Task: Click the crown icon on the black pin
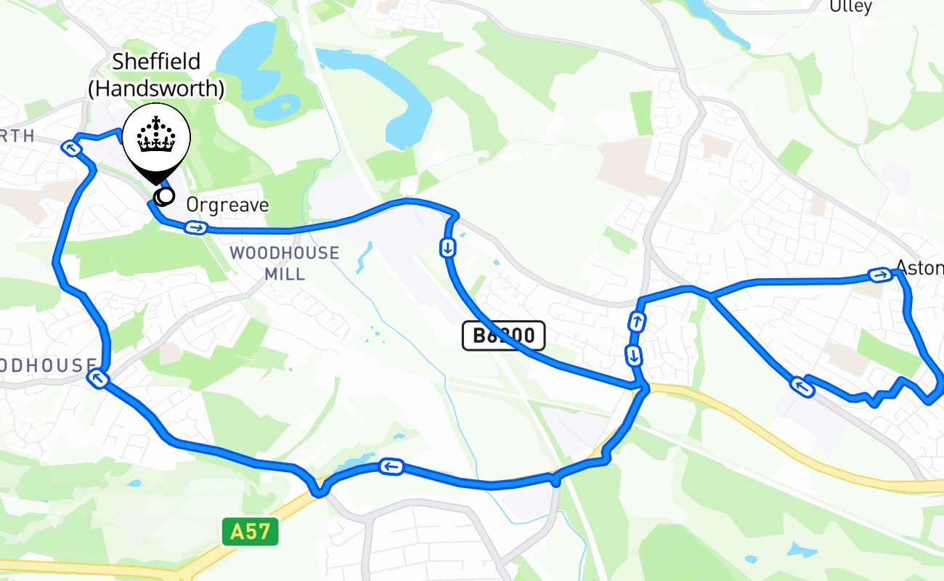[x=156, y=137]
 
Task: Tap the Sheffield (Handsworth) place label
[x=155, y=75]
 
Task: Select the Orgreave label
[x=227, y=206]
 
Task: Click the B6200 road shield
[x=503, y=336]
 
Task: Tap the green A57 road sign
[x=250, y=533]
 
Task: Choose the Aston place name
[x=919, y=268]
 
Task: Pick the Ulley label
[x=850, y=7]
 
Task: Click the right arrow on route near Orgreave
[x=195, y=229]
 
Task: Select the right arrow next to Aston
[x=880, y=275]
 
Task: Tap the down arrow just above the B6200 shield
[x=448, y=248]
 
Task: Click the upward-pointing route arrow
[x=637, y=321]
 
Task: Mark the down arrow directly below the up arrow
[x=634, y=356]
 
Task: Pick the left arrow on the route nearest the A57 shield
[x=391, y=466]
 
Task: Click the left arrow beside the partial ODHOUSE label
[x=97, y=378]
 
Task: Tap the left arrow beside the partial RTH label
[x=71, y=149]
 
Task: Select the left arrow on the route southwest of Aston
[x=802, y=386]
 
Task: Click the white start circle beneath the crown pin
[x=166, y=195]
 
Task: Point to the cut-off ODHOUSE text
[x=48, y=365]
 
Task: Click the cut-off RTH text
[x=17, y=136]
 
